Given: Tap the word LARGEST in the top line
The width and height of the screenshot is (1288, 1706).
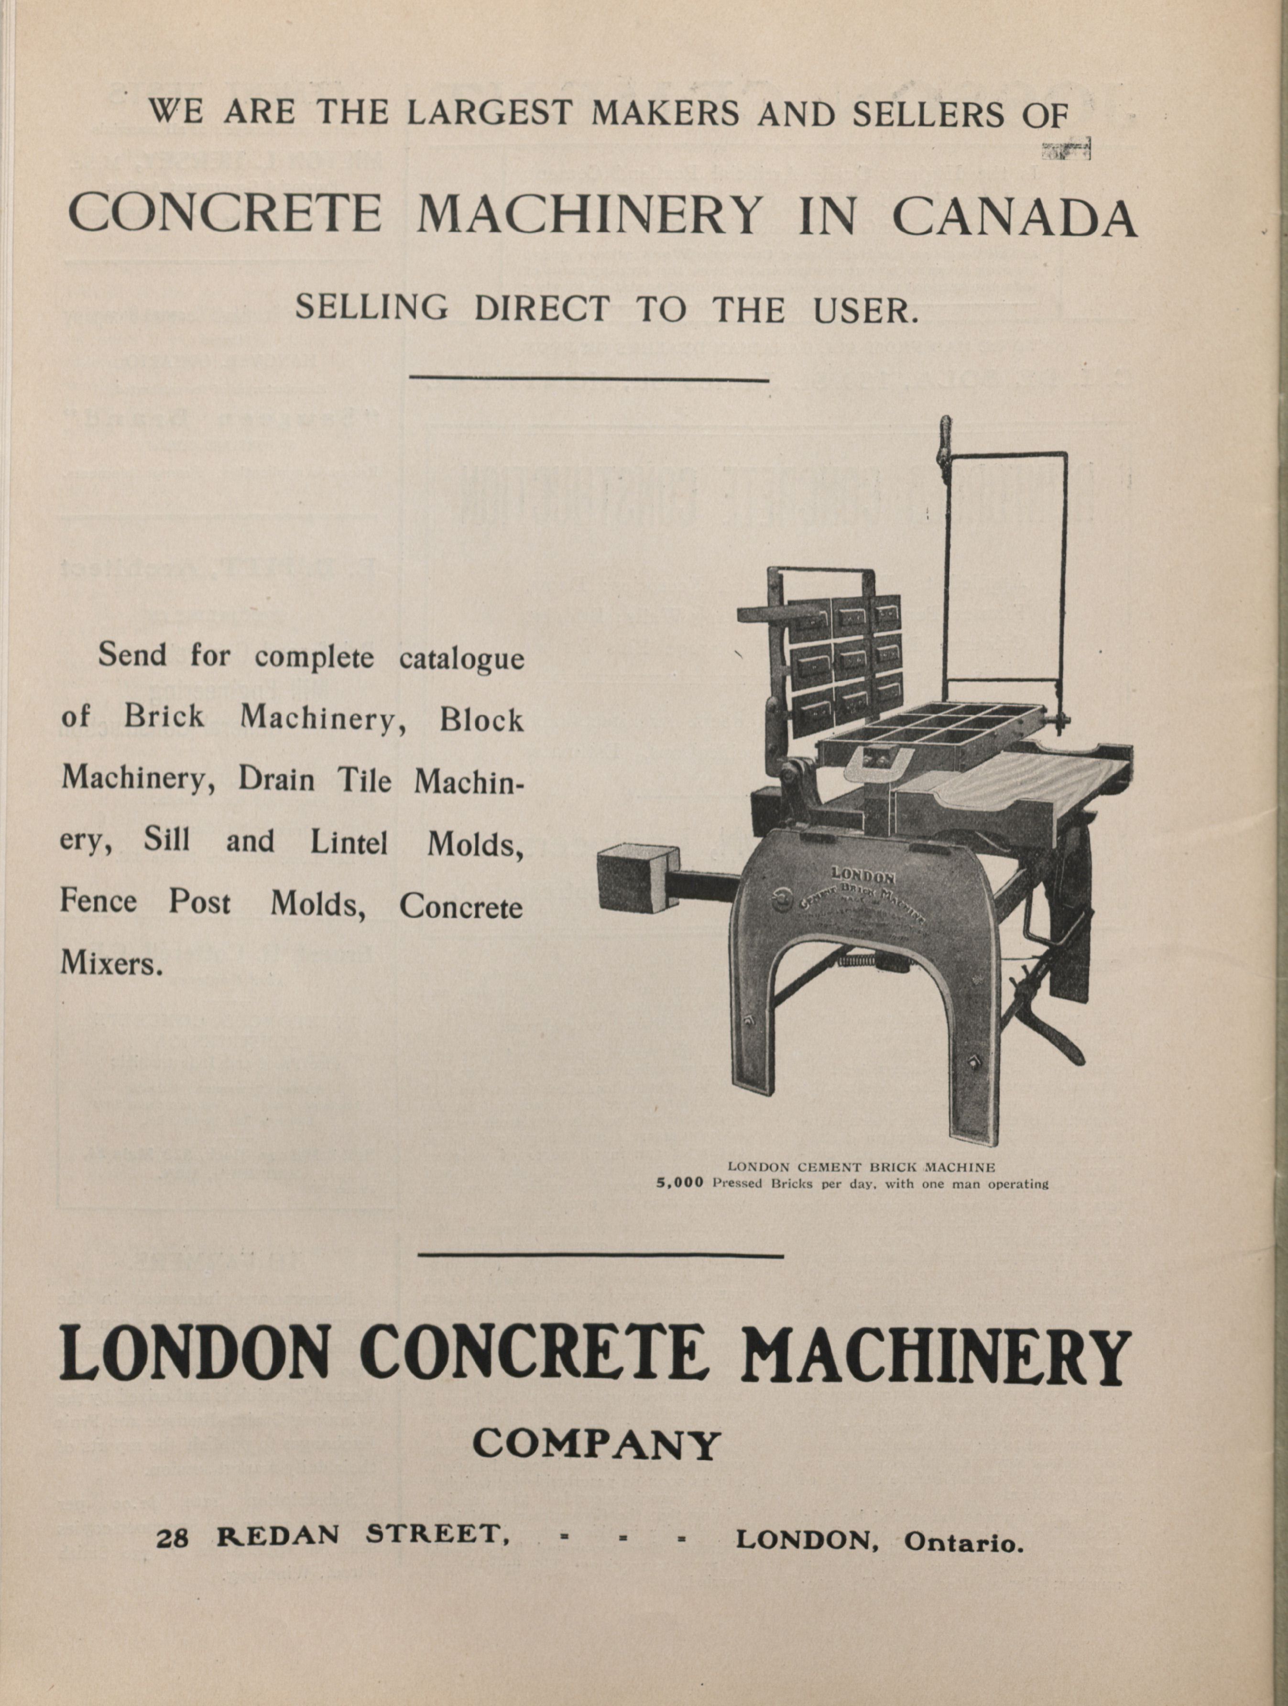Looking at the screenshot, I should click(489, 113).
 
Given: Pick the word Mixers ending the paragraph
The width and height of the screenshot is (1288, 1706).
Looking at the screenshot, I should click(111, 963).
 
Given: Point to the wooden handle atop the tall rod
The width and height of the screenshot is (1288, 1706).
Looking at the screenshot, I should click(942, 443).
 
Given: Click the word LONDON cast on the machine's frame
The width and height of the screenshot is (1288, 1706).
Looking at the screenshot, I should click(862, 876).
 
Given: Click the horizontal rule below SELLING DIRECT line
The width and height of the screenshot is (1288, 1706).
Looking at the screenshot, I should click(589, 378).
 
